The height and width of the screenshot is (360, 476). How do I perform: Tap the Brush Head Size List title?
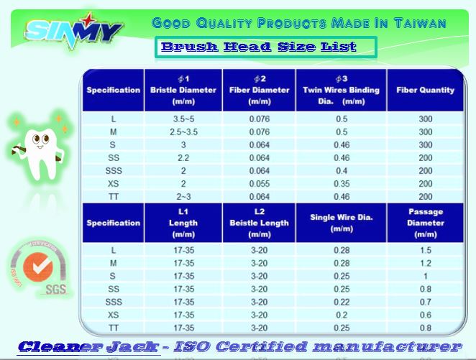pyautogui.click(x=259, y=47)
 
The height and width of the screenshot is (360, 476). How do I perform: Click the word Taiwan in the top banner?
pyautogui.click(x=420, y=23)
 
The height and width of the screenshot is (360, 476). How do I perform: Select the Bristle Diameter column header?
pyautogui.click(x=183, y=90)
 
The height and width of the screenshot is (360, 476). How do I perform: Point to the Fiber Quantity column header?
pyautogui.click(x=425, y=90)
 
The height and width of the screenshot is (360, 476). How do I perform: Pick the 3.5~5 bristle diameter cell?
pyautogui.click(x=183, y=119)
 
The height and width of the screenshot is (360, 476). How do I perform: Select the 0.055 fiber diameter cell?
pyautogui.click(x=260, y=184)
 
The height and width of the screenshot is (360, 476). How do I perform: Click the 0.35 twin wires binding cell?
pyautogui.click(x=342, y=184)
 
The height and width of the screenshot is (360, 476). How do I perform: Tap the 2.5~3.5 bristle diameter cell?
pyautogui.click(x=183, y=132)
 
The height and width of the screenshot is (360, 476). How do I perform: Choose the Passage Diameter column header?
pyautogui.click(x=425, y=223)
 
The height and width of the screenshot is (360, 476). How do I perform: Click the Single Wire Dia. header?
pyautogui.click(x=342, y=223)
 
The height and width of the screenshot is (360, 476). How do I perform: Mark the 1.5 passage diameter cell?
pyautogui.click(x=425, y=250)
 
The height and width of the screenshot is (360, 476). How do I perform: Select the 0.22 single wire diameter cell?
pyautogui.click(x=342, y=302)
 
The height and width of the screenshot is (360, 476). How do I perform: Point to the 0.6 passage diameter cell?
pyautogui.click(x=425, y=315)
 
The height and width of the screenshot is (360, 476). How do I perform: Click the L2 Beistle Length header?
pyautogui.click(x=260, y=223)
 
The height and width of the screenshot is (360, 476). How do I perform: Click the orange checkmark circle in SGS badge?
pyautogui.click(x=38, y=267)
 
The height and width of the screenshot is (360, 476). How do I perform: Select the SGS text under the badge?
pyautogui.click(x=55, y=290)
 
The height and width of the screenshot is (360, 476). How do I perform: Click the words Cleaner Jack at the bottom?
pyautogui.click(x=88, y=346)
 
